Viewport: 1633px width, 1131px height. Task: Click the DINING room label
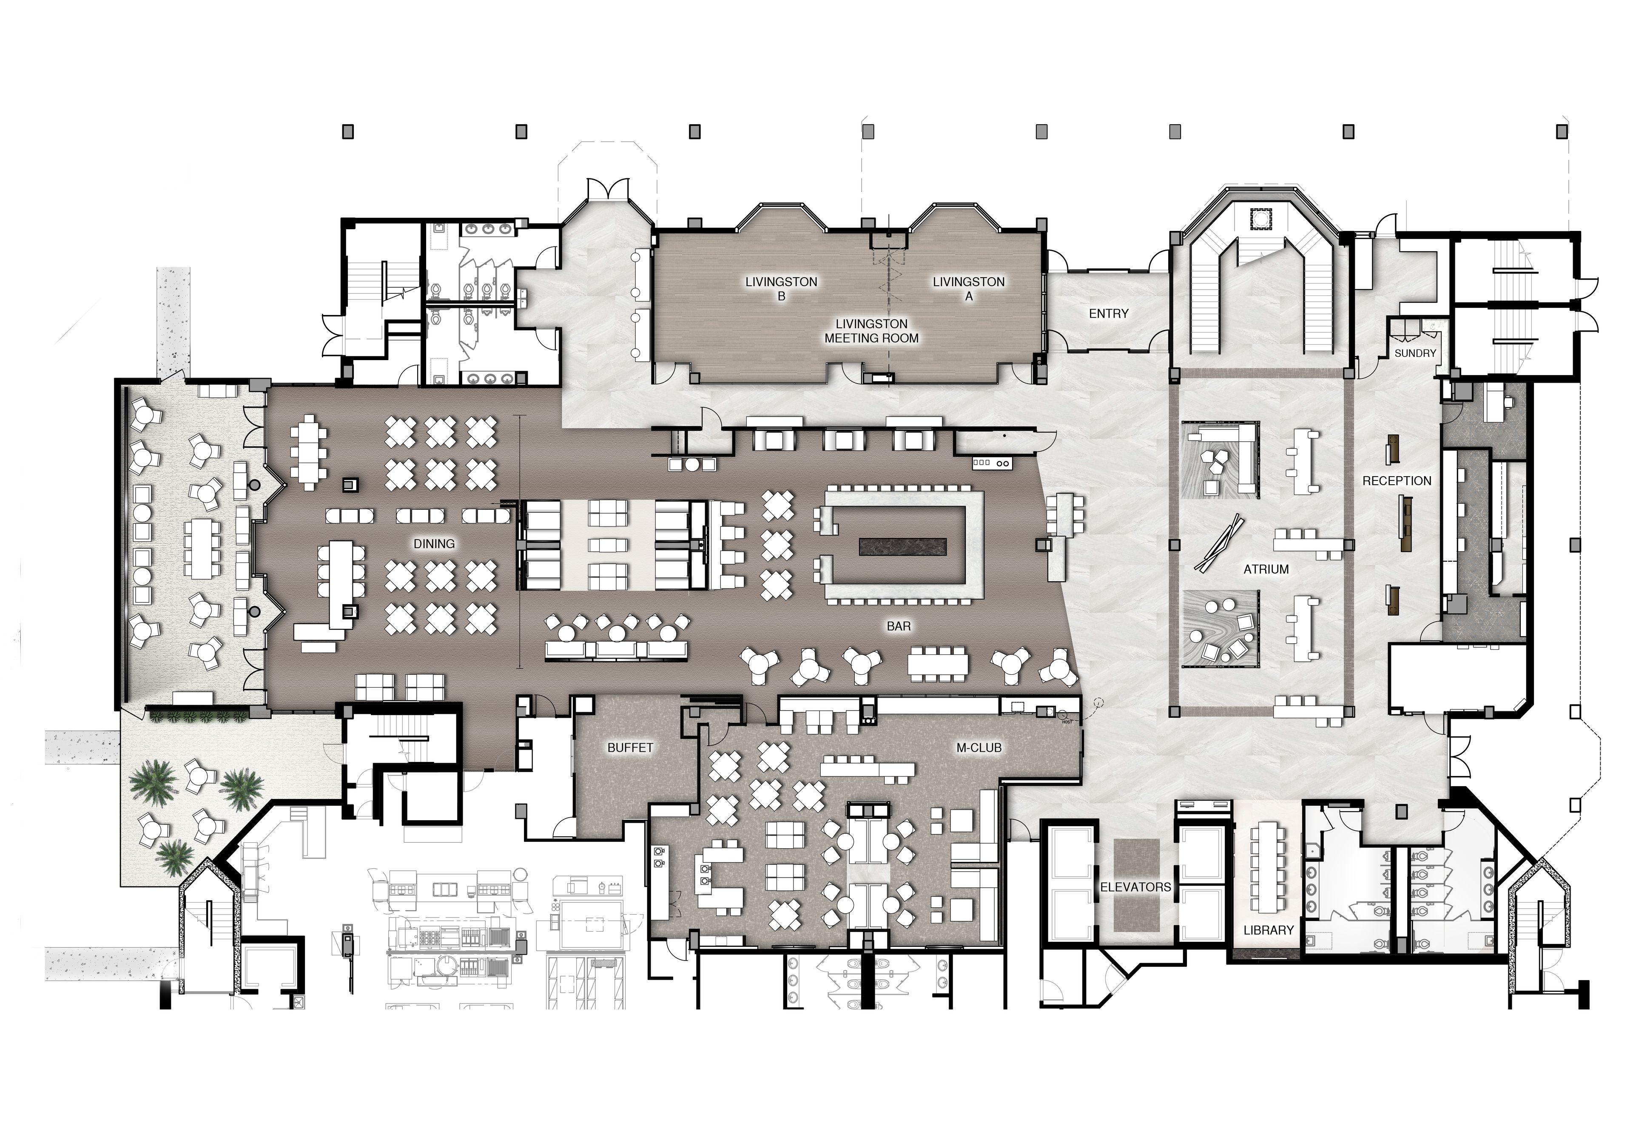point(434,543)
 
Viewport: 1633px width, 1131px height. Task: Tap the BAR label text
point(899,626)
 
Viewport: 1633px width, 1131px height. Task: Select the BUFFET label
point(630,747)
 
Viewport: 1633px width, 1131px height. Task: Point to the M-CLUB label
point(979,747)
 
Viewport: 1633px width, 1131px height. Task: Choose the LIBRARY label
point(1269,930)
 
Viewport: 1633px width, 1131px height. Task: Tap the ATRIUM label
point(1266,569)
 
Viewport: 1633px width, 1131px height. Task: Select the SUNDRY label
point(1415,353)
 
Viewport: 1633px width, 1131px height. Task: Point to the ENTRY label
point(1109,313)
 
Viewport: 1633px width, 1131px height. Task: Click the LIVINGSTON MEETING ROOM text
point(872,331)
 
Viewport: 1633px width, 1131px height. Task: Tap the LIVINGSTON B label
point(781,288)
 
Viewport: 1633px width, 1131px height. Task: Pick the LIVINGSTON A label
point(969,288)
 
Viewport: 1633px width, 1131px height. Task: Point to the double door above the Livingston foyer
point(607,188)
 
